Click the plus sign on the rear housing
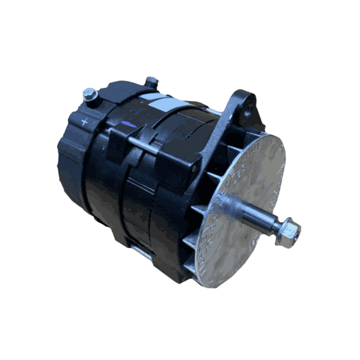click(x=85, y=121)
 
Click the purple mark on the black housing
click(x=130, y=123)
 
